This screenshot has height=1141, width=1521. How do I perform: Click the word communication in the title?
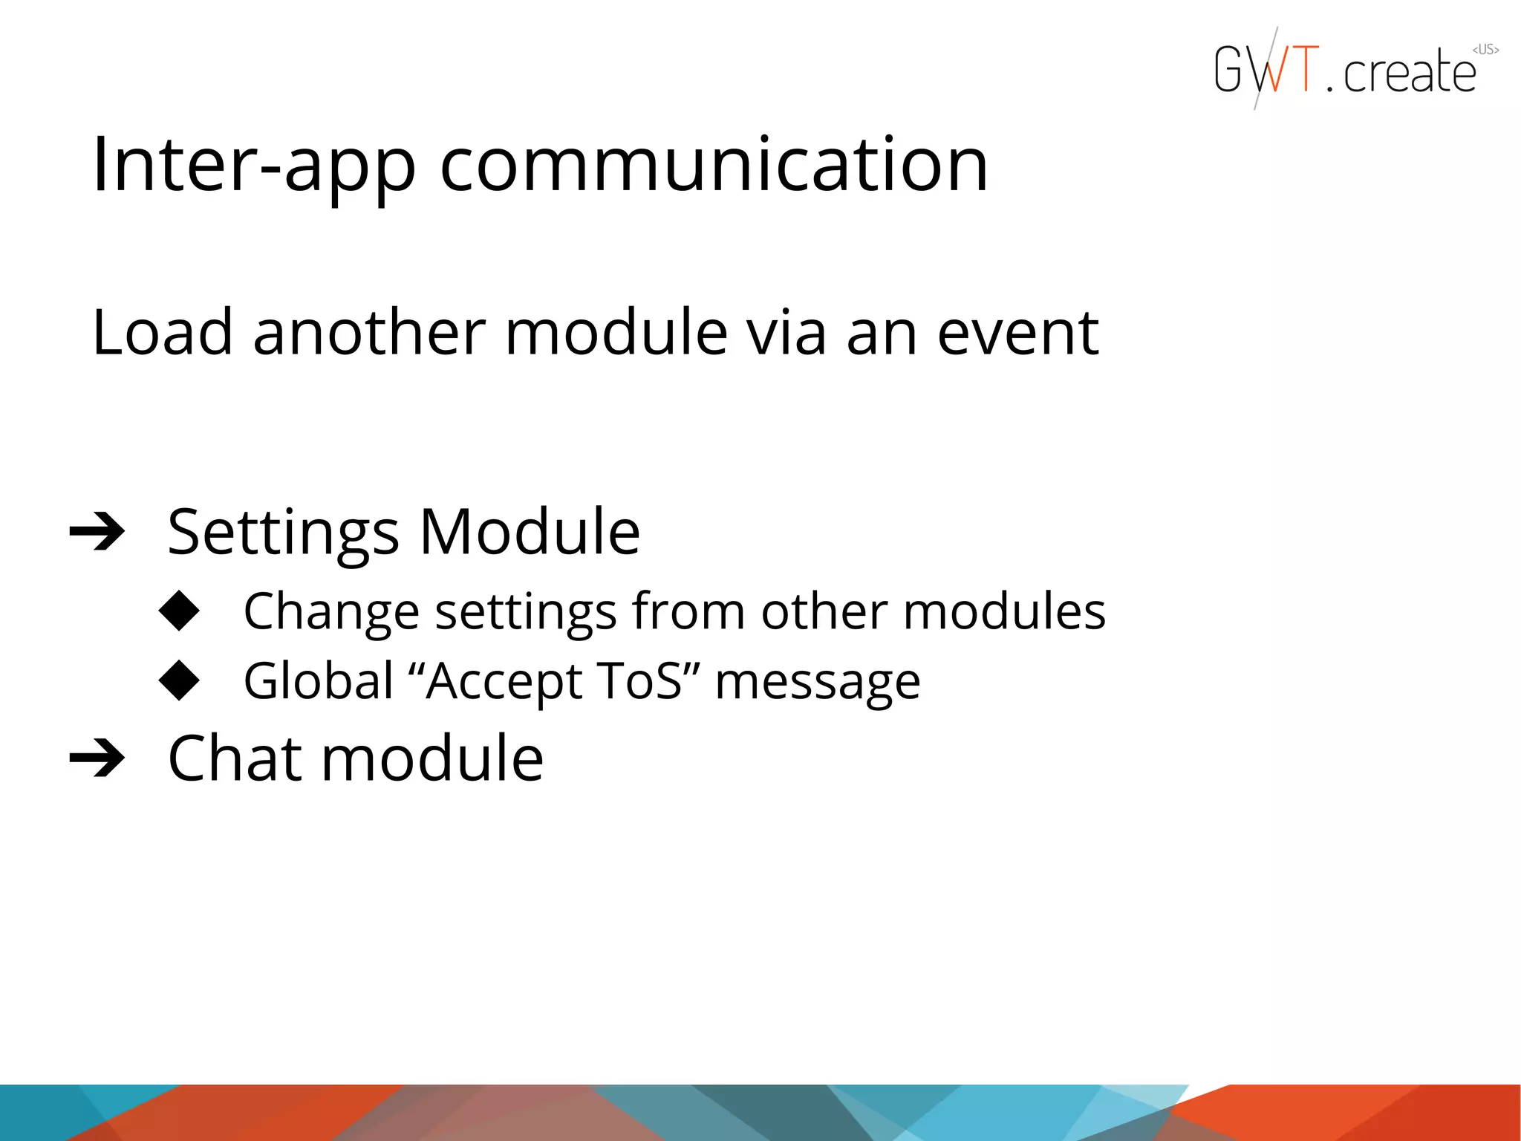click(x=714, y=165)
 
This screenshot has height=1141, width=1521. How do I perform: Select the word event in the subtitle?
click(x=1017, y=332)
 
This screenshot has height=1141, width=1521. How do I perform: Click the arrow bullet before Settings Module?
click(x=97, y=532)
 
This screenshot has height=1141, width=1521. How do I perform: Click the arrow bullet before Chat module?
click(x=97, y=758)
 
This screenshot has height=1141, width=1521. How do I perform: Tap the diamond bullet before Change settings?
click(x=180, y=611)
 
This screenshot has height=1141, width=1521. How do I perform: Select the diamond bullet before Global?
click(x=180, y=680)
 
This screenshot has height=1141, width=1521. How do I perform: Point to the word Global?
click(x=319, y=681)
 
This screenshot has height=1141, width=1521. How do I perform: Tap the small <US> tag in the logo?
click(x=1485, y=50)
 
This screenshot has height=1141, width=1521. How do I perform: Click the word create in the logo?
click(x=1410, y=73)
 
